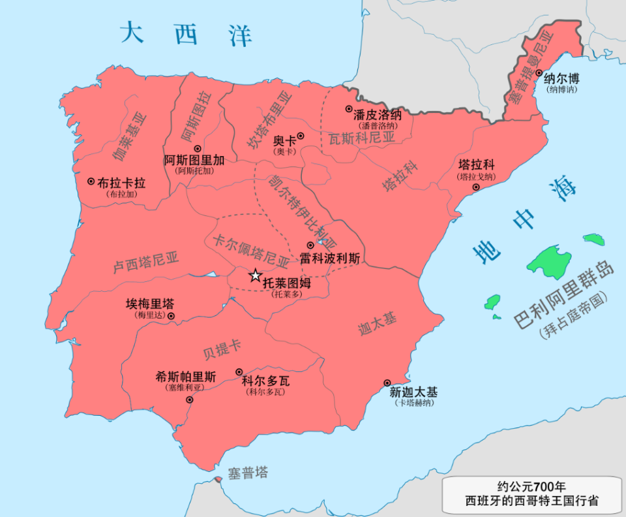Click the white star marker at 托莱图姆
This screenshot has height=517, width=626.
point(255,275)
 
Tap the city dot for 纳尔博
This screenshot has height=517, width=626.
point(539,74)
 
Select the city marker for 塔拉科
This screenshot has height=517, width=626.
point(476,187)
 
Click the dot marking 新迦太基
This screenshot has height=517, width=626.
point(387,383)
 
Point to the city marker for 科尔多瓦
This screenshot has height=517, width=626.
point(239,371)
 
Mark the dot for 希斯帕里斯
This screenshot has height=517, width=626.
point(189,399)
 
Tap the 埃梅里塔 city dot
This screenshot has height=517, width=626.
point(171,316)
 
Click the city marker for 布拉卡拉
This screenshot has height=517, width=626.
point(91,181)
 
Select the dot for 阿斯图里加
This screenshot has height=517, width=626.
point(198,149)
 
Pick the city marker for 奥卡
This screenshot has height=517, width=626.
point(301,136)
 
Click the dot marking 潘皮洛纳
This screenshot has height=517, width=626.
point(349,109)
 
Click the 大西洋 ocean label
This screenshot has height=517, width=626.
point(186,34)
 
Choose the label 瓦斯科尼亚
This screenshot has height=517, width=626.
point(362,138)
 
